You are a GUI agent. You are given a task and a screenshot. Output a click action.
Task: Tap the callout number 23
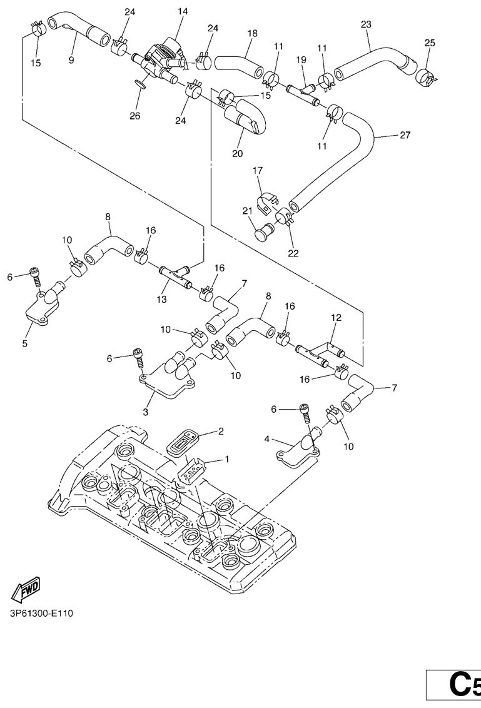tap(366, 24)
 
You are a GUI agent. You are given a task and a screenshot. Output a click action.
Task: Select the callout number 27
tap(405, 134)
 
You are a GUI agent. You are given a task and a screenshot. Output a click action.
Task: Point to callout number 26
tap(134, 116)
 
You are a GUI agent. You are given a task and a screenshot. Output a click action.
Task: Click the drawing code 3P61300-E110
tap(42, 612)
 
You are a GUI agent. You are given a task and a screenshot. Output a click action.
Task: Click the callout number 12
tap(336, 318)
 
